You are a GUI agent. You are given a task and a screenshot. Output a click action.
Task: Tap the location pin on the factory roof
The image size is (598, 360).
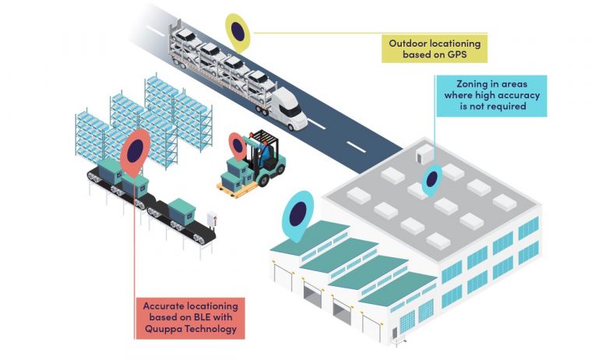click(x=431, y=178)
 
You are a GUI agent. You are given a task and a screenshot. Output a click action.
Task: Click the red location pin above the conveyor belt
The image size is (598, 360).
click(x=135, y=151)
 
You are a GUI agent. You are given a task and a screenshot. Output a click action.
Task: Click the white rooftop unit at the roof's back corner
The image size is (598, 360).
click(x=426, y=152)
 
